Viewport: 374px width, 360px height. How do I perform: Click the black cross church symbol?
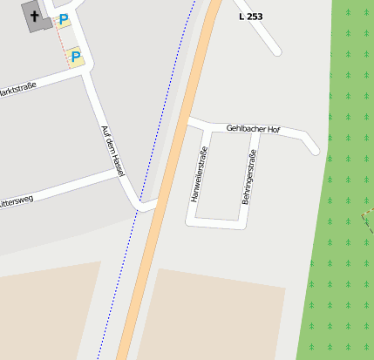(x=36, y=16)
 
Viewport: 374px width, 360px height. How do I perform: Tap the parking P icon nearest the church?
(x=63, y=19)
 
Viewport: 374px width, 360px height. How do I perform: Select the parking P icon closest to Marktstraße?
(x=75, y=57)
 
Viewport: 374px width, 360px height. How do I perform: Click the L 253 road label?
(x=250, y=17)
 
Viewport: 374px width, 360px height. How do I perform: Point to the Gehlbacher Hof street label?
(x=253, y=129)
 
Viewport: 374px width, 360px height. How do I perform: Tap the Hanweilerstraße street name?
(x=199, y=174)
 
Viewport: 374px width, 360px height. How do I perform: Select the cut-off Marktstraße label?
(x=17, y=90)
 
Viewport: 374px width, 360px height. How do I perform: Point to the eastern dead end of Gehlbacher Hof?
(x=315, y=150)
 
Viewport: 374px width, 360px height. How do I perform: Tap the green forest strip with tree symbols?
(x=340, y=218)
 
